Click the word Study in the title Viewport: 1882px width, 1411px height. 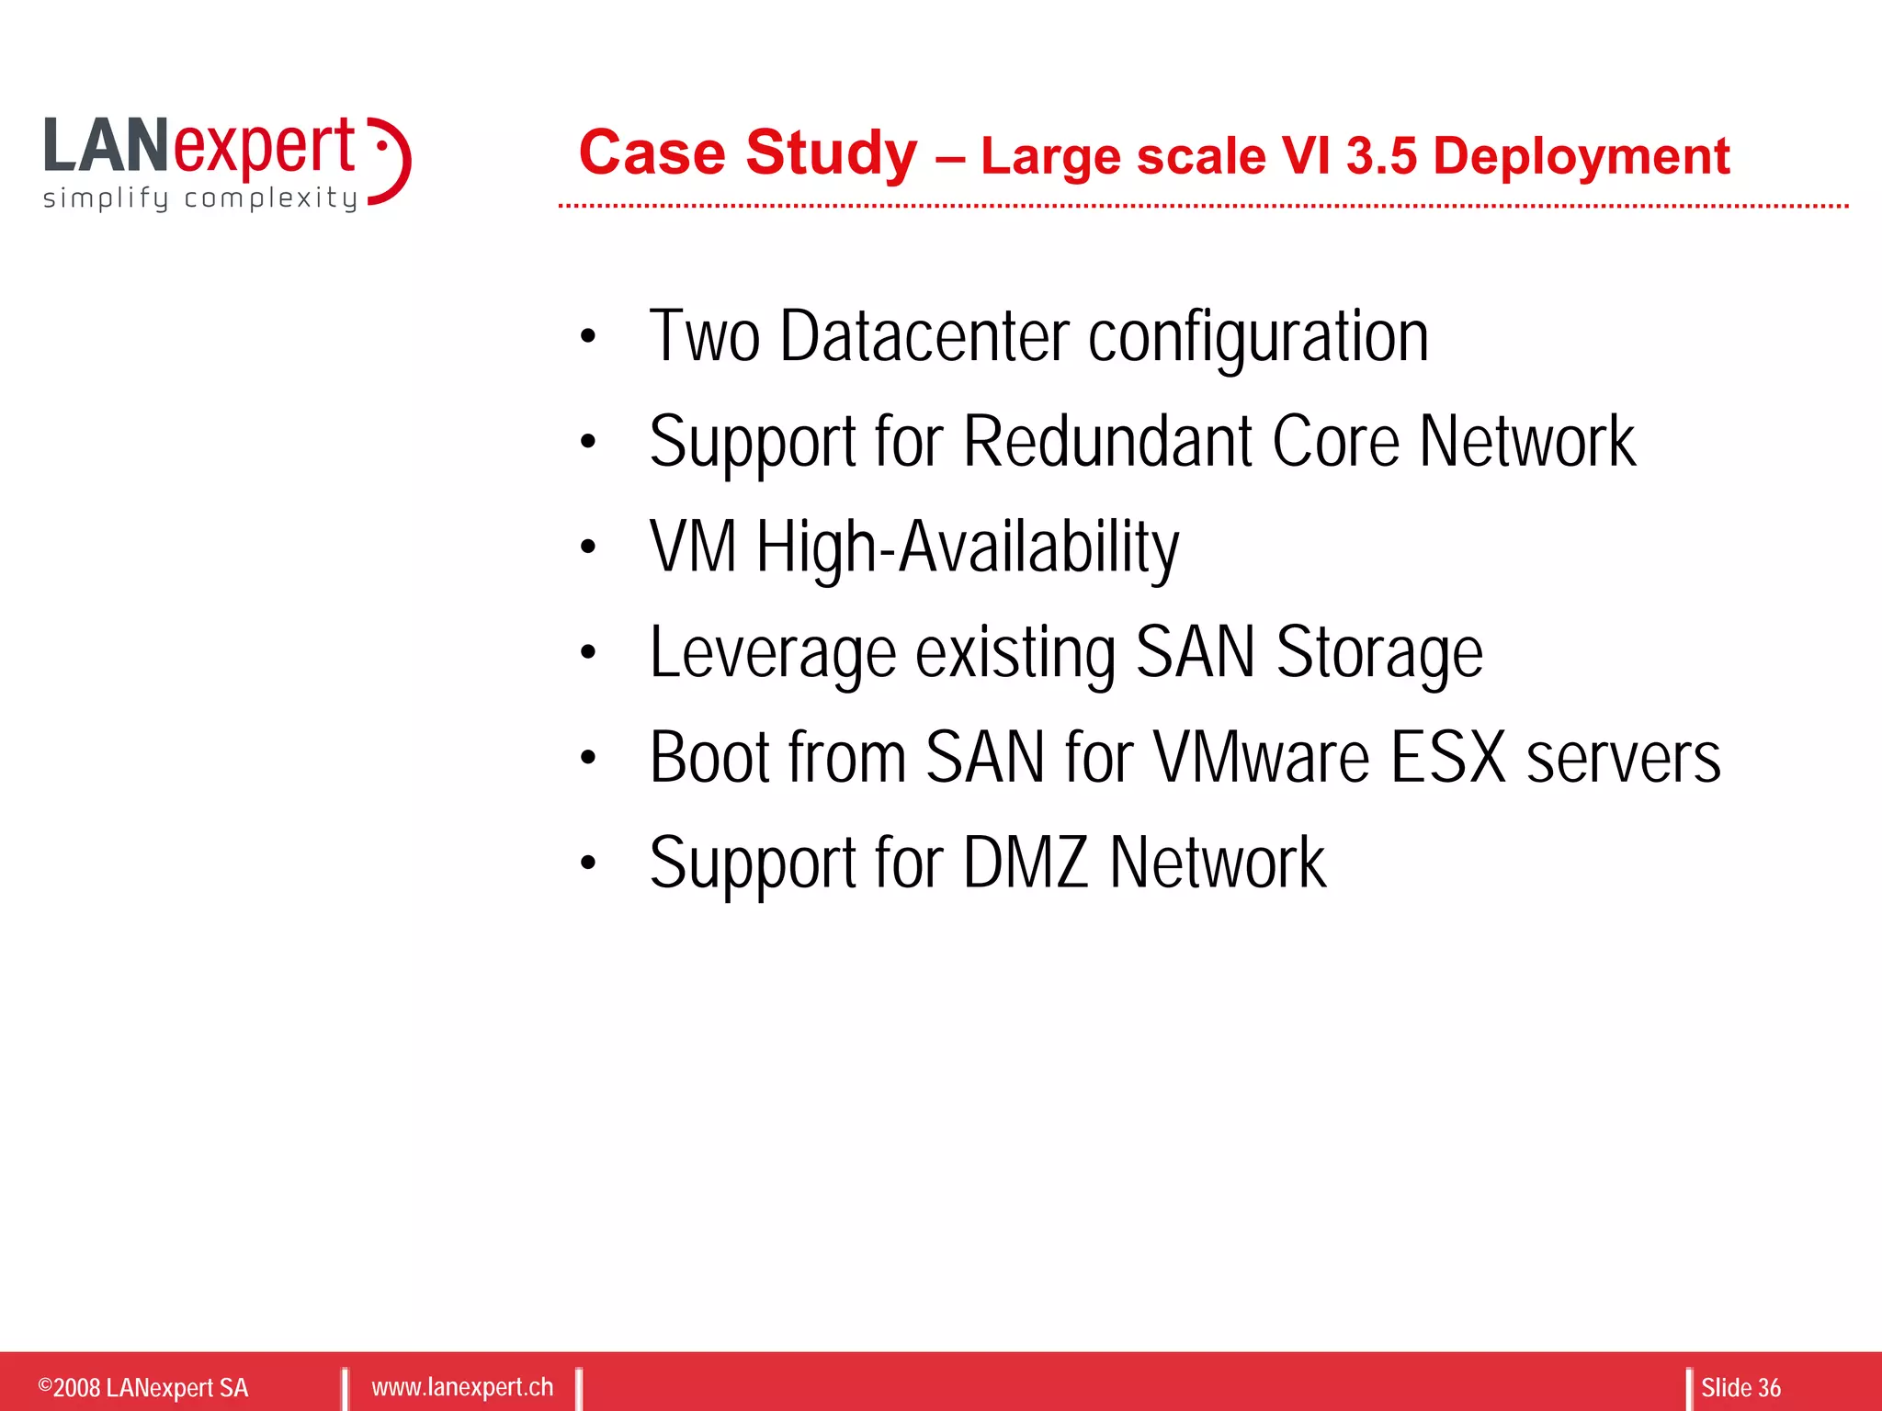click(831, 152)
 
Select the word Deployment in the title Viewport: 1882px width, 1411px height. click(1581, 157)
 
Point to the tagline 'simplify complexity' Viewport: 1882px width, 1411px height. click(200, 198)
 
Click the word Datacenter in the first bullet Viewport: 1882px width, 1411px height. click(924, 336)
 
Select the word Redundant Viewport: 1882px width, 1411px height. click(1108, 442)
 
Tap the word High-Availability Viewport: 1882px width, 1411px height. click(967, 547)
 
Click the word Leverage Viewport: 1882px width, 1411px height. click(772, 653)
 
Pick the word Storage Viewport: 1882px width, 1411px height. click(1378, 653)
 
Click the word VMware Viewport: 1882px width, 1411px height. click(1261, 758)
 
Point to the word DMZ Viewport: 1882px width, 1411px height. click(1026, 863)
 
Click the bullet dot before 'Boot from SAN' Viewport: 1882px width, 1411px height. click(588, 758)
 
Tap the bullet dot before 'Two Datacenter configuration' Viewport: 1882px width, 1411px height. click(588, 337)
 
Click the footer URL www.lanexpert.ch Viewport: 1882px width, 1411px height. click(462, 1386)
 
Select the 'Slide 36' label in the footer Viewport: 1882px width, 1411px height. click(1740, 1387)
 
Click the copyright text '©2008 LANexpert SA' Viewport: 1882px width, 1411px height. click(143, 1387)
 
